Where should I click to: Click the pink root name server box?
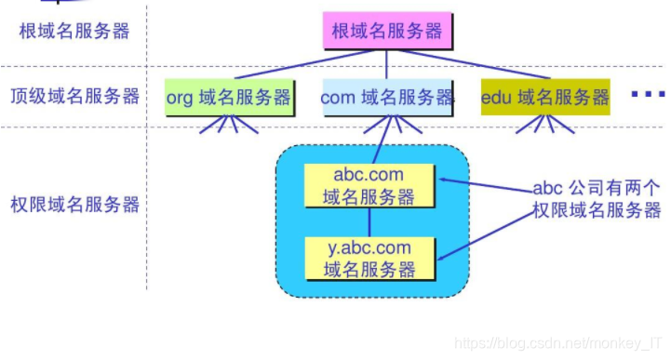(387, 31)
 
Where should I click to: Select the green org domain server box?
(229, 97)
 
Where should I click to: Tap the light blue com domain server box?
(387, 97)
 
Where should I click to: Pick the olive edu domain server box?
(545, 97)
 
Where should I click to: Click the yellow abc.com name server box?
(369, 185)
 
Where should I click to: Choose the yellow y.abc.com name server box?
(369, 259)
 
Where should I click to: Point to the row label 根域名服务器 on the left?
(74, 31)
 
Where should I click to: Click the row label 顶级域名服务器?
(74, 96)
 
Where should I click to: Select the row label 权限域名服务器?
(74, 203)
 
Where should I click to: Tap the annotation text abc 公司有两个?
(597, 185)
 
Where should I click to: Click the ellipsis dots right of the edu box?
(648, 95)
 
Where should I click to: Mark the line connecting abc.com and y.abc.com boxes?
(369, 222)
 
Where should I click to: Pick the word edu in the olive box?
(497, 97)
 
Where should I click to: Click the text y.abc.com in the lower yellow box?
(369, 248)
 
